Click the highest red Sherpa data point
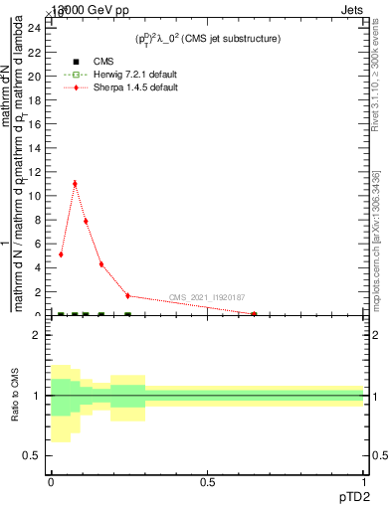point(75,184)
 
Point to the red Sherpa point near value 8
point(86,221)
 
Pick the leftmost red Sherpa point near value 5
point(62,254)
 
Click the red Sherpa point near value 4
point(100,264)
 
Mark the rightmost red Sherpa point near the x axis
point(255,314)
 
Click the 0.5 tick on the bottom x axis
point(207,482)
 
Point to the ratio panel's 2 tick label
point(37,336)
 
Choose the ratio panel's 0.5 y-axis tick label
point(33,455)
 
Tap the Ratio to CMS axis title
point(15,396)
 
